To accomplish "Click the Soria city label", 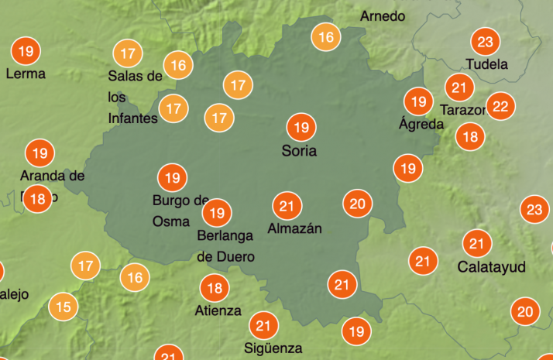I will click(299, 152).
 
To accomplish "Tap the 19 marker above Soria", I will click(301, 127).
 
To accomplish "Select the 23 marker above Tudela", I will click(486, 42).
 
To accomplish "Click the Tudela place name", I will click(486, 64).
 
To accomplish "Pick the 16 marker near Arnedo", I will click(326, 36).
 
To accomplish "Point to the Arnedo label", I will click(383, 16).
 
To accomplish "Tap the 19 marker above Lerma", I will click(26, 52).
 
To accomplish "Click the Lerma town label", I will click(26, 74).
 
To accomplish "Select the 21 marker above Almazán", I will click(287, 206).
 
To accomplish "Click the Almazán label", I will click(294, 228).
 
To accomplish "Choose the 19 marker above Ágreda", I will click(419, 101).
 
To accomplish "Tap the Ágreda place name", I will click(421, 124).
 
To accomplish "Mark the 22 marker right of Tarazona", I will click(500, 106).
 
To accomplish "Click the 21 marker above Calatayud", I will click(477, 245).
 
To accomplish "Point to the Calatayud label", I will click(492, 267).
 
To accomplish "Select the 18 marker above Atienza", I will click(215, 289).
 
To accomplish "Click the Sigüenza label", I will click(273, 348).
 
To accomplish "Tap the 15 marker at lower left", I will click(64, 307).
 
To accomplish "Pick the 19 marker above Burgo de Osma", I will click(172, 178).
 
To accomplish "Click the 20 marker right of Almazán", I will click(357, 204).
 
